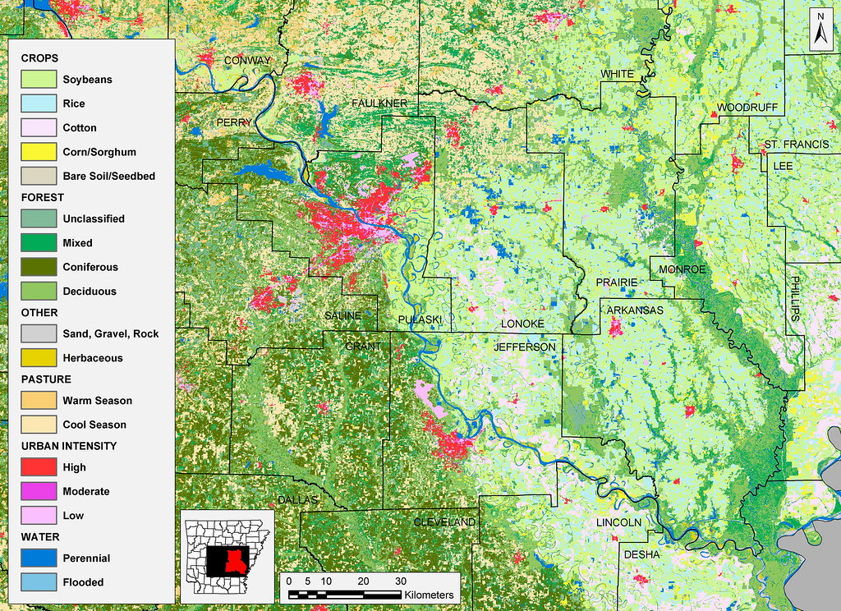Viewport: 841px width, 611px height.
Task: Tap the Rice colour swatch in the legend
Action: (x=38, y=103)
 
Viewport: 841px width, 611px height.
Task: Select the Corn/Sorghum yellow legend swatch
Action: (x=38, y=152)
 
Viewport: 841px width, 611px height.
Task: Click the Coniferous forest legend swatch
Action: (x=38, y=267)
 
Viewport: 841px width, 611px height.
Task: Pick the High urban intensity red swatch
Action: (x=38, y=467)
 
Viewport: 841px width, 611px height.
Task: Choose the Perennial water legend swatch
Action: (x=38, y=558)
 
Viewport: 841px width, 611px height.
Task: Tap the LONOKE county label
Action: (x=522, y=324)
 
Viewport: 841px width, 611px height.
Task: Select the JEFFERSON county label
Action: (x=525, y=347)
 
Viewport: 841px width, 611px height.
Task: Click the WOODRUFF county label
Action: (x=747, y=108)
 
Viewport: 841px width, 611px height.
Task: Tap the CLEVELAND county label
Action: (x=444, y=522)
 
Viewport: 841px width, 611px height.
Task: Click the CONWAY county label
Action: (x=246, y=61)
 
